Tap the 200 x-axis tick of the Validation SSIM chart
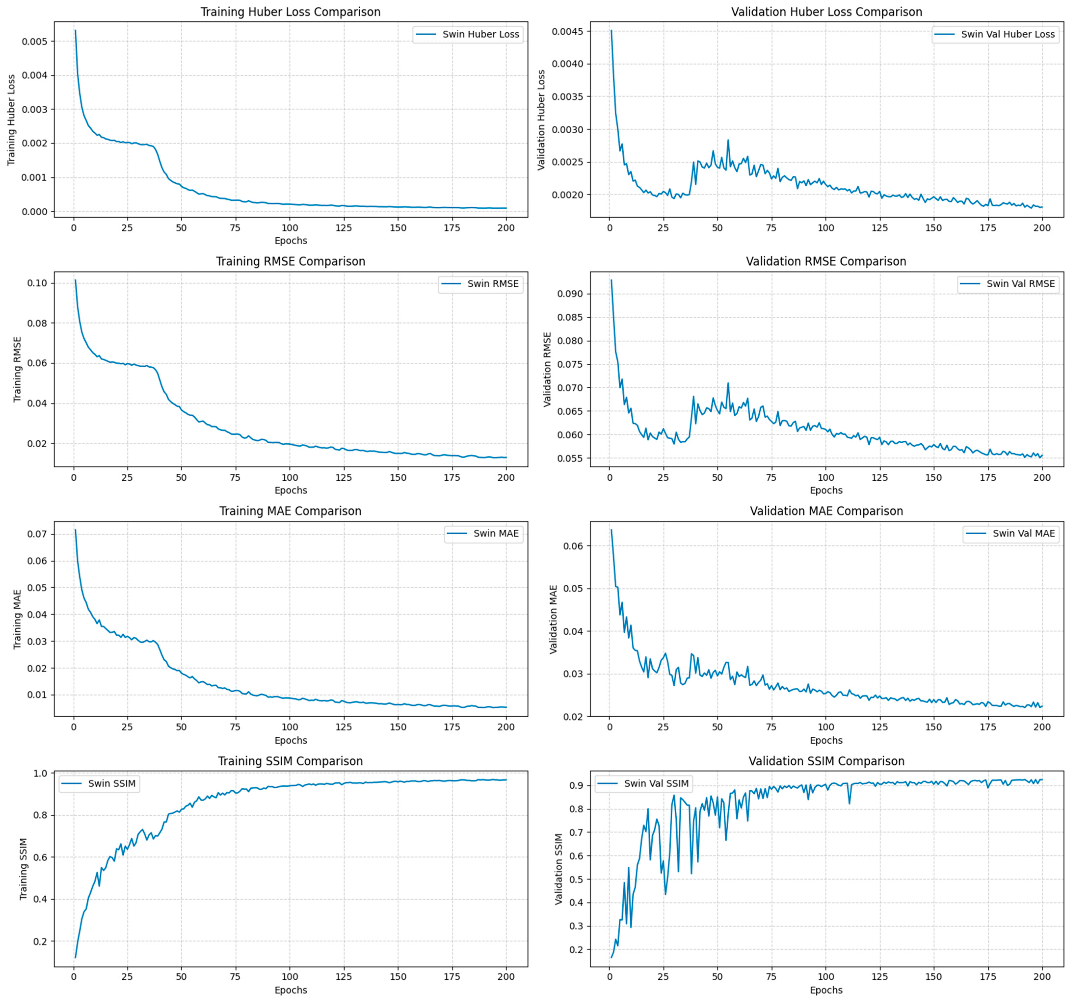point(1042,976)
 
